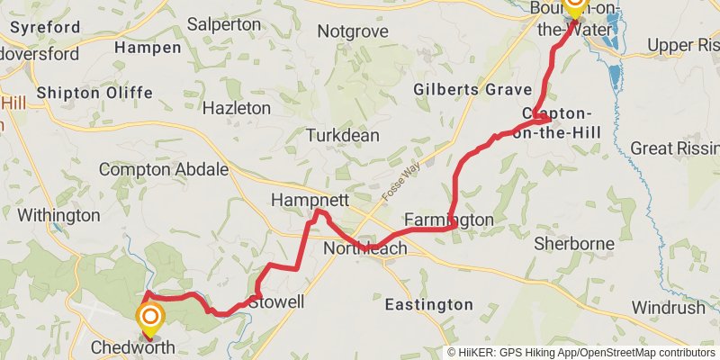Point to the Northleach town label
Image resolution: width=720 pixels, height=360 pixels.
point(364,247)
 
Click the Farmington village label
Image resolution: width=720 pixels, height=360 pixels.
point(449,220)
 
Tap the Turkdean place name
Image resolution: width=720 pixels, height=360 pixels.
point(342,135)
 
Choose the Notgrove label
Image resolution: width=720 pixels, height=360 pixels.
point(353,31)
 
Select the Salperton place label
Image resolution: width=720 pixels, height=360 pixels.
point(224,24)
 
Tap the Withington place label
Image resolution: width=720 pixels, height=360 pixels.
point(58,215)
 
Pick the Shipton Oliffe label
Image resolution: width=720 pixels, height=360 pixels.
point(94,93)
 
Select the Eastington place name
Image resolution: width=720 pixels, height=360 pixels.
point(428,305)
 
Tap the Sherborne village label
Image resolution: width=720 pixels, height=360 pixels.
point(573,243)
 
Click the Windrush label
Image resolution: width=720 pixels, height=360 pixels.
point(668,307)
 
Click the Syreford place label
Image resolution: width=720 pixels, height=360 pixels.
point(45,27)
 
